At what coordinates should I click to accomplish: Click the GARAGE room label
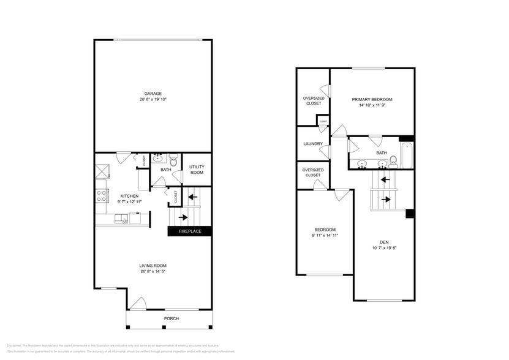[153, 94]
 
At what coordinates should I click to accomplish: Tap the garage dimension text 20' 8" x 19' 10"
[153, 99]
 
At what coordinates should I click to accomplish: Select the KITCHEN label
[129, 196]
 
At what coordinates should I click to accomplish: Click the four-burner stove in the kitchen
[101, 196]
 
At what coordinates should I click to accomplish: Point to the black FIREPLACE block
[189, 231]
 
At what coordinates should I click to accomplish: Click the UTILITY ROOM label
[196, 170]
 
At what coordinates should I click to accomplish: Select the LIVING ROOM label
[153, 266]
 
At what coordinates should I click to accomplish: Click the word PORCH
[172, 319]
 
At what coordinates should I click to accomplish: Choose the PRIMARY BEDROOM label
[372, 99]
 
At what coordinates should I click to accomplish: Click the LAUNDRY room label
[312, 144]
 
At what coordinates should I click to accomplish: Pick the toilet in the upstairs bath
[393, 162]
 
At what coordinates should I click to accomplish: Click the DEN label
[384, 242]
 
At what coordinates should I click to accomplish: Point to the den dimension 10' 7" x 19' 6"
[384, 248]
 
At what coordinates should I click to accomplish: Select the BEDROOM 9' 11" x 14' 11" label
[325, 232]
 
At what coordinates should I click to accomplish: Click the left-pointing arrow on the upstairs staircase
[385, 179]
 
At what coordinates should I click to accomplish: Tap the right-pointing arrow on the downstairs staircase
[183, 217]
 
